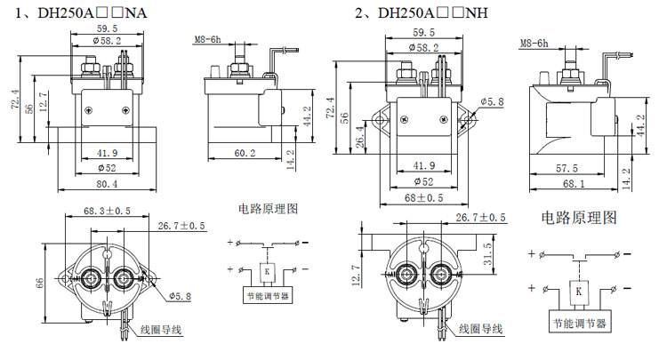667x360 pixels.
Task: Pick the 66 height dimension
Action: coord(38,282)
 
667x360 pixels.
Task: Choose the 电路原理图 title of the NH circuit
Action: coord(578,218)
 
